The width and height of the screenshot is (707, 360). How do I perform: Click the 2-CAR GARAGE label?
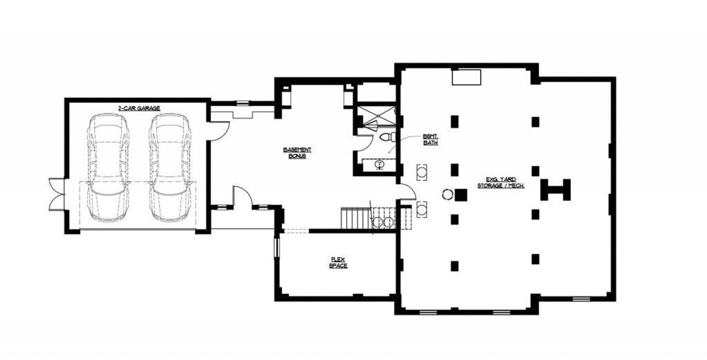(x=139, y=108)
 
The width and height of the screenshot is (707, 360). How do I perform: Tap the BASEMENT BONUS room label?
(x=297, y=152)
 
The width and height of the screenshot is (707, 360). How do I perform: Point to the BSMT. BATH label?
(x=430, y=140)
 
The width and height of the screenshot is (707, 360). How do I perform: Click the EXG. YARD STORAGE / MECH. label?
(x=501, y=182)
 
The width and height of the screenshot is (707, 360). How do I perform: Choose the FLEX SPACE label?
(x=338, y=262)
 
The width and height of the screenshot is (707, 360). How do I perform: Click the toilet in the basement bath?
(x=385, y=137)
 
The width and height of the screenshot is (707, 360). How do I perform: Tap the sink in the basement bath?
(x=380, y=164)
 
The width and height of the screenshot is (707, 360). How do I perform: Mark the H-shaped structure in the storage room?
(x=556, y=190)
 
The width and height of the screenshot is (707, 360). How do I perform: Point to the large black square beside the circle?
(x=461, y=194)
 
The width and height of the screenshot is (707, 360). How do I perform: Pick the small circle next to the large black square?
(x=447, y=194)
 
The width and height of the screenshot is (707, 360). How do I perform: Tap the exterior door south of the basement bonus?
(x=242, y=198)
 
